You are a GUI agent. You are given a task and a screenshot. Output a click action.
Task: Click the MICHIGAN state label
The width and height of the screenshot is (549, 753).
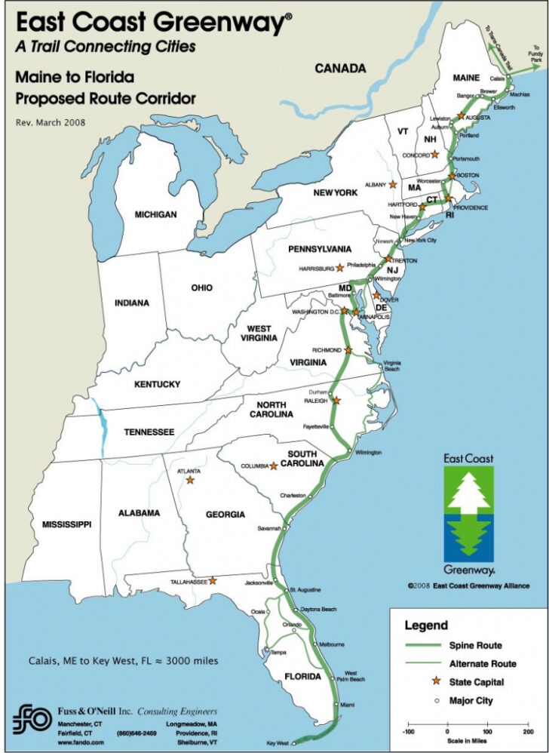[x=155, y=214]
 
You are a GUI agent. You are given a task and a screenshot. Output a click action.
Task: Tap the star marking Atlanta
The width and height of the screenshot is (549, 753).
[x=190, y=479]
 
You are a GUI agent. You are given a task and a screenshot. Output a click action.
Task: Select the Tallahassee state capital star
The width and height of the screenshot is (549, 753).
[x=213, y=581]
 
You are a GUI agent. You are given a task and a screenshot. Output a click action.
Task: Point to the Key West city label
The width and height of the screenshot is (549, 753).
[x=278, y=743]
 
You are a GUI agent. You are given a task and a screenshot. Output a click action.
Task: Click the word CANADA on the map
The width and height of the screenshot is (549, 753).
[x=340, y=69]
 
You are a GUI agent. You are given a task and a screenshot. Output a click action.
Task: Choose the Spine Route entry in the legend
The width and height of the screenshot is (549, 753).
[x=475, y=645]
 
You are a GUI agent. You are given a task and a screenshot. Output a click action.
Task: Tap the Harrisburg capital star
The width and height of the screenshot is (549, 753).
[x=340, y=267]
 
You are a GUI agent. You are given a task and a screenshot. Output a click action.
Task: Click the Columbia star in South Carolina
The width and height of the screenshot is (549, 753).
[x=274, y=466]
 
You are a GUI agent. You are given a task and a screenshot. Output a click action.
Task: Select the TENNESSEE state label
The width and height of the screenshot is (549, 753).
[x=149, y=432]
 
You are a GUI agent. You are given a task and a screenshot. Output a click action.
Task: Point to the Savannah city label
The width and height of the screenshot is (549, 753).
[x=269, y=528]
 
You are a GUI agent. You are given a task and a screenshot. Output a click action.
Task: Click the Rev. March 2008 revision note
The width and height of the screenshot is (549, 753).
[x=51, y=121]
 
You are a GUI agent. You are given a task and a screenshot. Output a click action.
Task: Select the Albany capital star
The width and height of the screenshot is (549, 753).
[x=392, y=184]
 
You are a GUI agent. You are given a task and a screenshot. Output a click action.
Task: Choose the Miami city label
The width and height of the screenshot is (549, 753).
[x=347, y=704]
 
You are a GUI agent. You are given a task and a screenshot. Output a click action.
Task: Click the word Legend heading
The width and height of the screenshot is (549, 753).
[x=426, y=625]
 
